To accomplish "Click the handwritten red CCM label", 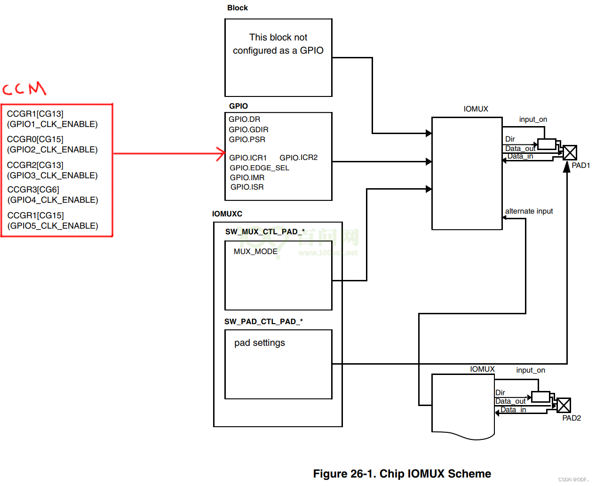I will tap(24, 88).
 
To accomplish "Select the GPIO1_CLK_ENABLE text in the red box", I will tap(52, 124).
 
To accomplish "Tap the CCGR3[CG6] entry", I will tap(33, 190).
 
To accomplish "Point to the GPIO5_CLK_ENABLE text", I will tap(53, 226).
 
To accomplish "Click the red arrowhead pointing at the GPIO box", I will tap(221, 153).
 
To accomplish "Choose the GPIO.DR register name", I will tap(244, 120).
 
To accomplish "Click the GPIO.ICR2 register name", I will tap(298, 158).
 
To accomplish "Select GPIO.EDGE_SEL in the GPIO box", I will tap(259, 168).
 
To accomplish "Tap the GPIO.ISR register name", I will tap(247, 187).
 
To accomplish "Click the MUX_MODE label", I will tap(255, 252).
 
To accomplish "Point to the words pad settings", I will tap(260, 343).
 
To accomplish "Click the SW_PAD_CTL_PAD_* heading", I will tap(263, 322).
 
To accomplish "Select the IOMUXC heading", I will tap(227, 214).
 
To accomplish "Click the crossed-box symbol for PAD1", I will tap(570, 152).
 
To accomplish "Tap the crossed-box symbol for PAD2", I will tap(564, 405).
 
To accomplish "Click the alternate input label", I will tap(529, 211).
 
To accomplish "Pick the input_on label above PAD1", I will tap(533, 120).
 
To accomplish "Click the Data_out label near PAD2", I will tap(510, 401).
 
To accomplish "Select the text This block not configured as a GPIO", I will tap(278, 44).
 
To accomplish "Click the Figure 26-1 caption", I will tap(402, 474).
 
